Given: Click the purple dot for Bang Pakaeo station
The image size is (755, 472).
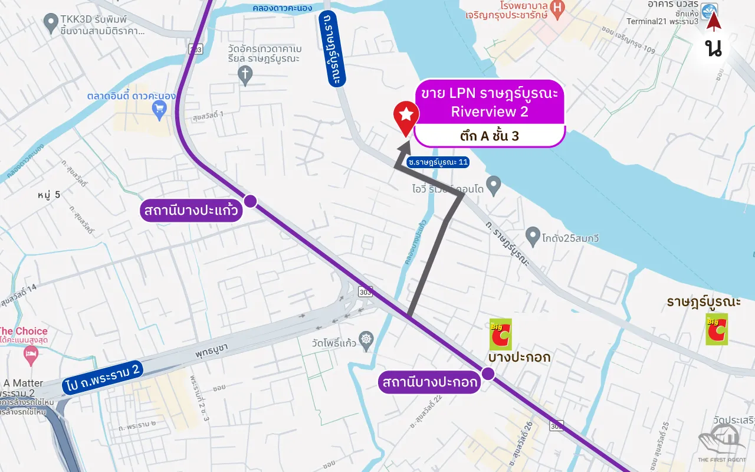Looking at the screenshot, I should click(x=250, y=201).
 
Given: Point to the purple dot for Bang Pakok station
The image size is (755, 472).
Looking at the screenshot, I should click(x=488, y=373).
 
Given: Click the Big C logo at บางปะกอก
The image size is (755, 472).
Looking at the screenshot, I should click(x=500, y=334).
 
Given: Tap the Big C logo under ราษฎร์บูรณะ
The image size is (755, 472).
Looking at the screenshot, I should click(x=717, y=329).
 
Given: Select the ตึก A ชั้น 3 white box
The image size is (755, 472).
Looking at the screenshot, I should click(x=490, y=136).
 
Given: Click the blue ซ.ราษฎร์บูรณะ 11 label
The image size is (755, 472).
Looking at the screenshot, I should click(x=438, y=162).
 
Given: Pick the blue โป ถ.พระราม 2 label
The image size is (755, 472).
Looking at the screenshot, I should click(x=102, y=377).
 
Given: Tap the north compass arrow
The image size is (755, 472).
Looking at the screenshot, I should click(x=714, y=22).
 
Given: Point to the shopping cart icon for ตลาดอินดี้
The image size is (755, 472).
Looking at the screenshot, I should click(x=159, y=108).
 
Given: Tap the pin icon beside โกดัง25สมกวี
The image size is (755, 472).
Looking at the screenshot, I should click(x=533, y=237).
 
